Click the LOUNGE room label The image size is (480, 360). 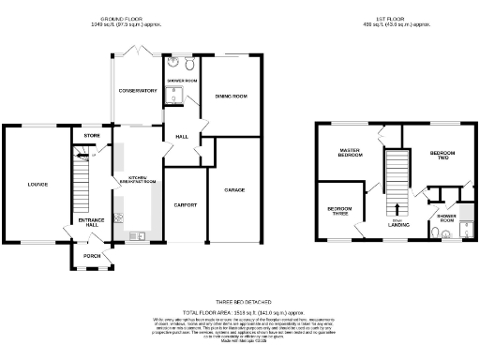click(37, 184)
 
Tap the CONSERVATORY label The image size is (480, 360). click(135, 90)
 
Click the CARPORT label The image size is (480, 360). click(184, 204)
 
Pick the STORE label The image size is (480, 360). click(91, 137)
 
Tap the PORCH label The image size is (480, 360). click(91, 256)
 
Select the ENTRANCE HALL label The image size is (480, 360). click(90, 223)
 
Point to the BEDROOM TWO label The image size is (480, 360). click(442, 156)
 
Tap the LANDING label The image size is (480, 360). click(398, 224)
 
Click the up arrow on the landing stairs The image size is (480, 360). click(398, 207)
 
